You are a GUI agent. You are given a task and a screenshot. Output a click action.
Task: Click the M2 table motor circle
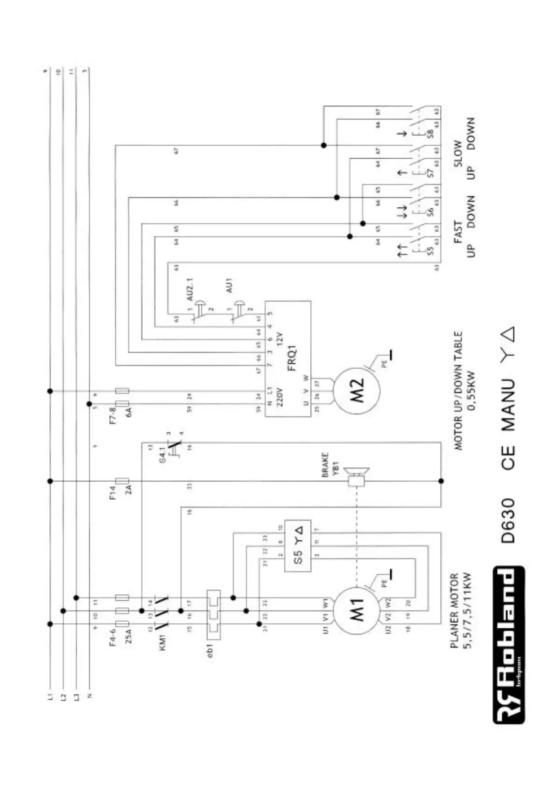pos(357,391)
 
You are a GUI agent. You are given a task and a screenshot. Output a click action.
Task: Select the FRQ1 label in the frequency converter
pos(292,358)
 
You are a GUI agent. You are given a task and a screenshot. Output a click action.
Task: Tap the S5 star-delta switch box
pos(298,546)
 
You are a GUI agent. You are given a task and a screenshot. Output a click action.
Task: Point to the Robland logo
pos(508,645)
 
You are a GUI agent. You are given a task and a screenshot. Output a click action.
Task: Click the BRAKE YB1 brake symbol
pos(357,480)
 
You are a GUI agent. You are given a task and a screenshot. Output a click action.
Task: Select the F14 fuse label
pos(113,492)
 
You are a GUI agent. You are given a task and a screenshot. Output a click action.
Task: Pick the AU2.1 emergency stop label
pos(190,289)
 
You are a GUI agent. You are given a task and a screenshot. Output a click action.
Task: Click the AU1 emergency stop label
pos(229,285)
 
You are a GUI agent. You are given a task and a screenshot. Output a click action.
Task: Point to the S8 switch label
pos(430,133)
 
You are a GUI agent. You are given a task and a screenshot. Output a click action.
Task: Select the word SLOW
pos(457,154)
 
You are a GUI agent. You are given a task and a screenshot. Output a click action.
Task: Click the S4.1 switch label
pos(162,454)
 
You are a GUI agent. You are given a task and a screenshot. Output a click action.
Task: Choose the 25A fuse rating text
pos(129,636)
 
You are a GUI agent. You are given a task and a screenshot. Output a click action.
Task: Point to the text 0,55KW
pos(472,391)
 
